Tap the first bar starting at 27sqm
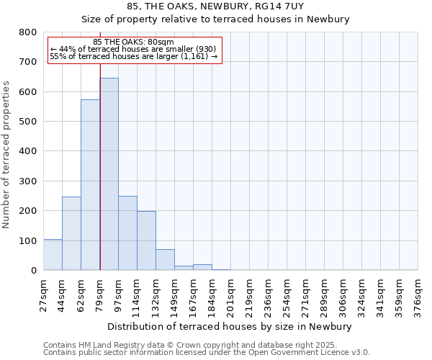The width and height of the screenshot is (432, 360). [53, 255]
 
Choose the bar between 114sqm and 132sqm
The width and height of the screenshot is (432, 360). [146, 240]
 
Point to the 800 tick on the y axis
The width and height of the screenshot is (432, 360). [28, 32]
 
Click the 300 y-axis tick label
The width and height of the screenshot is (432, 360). [28, 181]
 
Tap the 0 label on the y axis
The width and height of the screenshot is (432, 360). [34, 271]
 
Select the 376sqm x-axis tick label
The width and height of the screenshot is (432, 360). [418, 295]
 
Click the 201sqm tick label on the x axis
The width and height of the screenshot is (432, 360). [230, 295]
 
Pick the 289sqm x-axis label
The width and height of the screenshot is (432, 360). [324, 295]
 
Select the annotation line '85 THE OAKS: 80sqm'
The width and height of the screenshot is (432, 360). [133, 42]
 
